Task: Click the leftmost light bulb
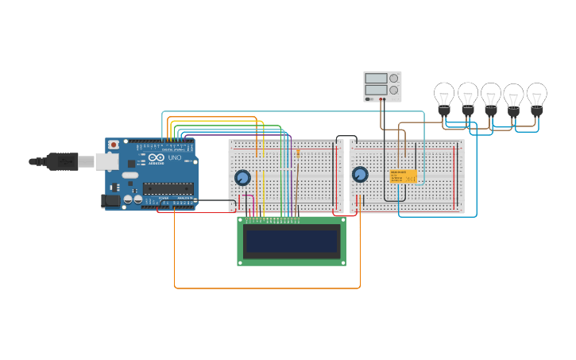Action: coord(443,95)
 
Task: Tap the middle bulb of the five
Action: coord(491,95)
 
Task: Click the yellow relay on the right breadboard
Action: coord(403,176)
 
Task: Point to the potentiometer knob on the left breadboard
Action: coord(242,178)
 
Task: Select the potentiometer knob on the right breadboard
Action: coord(360,175)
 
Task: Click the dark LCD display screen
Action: coord(292,241)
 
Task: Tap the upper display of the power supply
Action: coord(376,78)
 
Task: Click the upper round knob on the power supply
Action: coord(393,78)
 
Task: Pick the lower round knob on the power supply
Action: coord(393,90)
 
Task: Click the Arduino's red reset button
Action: coord(114,145)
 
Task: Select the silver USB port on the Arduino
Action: coord(107,162)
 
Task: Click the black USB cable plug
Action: coord(62,161)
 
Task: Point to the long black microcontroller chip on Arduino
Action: coord(168,188)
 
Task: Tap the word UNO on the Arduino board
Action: coord(174,158)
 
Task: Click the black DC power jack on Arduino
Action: coord(110,200)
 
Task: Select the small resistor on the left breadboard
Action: coord(298,153)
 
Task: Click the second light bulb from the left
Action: coord(468,95)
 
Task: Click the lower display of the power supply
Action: coord(376,90)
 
